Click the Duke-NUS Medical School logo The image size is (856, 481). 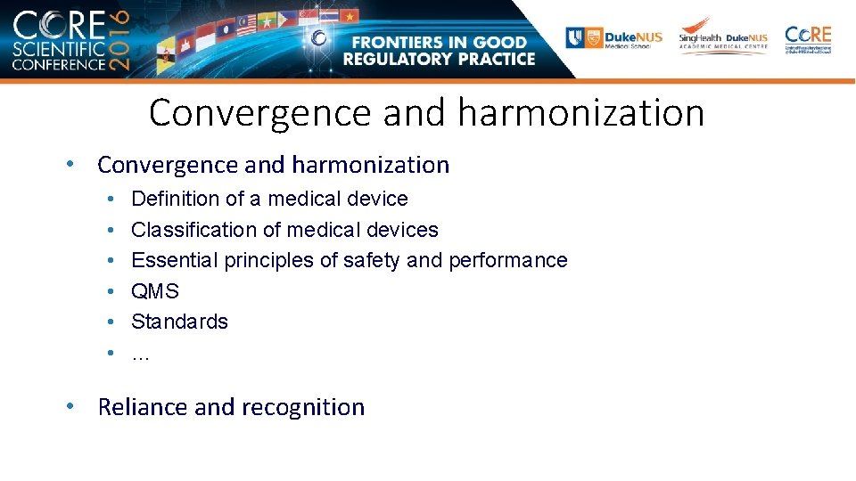pyautogui.click(x=615, y=38)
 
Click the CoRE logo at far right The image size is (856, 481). pyautogui.click(x=808, y=39)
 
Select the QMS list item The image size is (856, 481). pyautogui.click(x=155, y=291)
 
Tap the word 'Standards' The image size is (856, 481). pyautogui.click(x=179, y=322)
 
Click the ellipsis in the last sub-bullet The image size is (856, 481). pyautogui.click(x=140, y=355)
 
